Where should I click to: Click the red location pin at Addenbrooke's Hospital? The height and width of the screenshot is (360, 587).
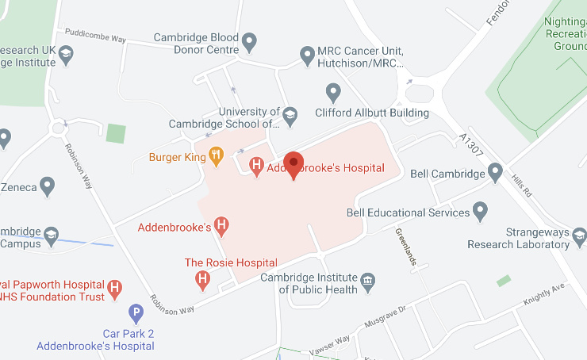[x=294, y=164]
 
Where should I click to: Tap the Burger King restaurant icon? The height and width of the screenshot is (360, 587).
[x=215, y=156]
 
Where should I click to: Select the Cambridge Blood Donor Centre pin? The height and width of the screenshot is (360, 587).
[x=250, y=41]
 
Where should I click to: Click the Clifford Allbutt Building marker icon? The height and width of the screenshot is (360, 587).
[x=334, y=93]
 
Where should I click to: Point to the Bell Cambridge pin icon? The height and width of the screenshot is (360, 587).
[x=496, y=172]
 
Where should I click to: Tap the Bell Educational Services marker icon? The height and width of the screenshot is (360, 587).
[x=480, y=211]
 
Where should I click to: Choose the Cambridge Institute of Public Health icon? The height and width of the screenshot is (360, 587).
[x=367, y=281]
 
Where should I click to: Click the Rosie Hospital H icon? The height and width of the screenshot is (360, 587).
[x=203, y=278]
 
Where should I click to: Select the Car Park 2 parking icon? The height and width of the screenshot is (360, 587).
[x=136, y=314]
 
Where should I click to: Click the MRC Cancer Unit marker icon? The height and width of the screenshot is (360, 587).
[x=308, y=56]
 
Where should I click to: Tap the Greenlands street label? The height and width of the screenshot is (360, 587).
[x=405, y=246]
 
